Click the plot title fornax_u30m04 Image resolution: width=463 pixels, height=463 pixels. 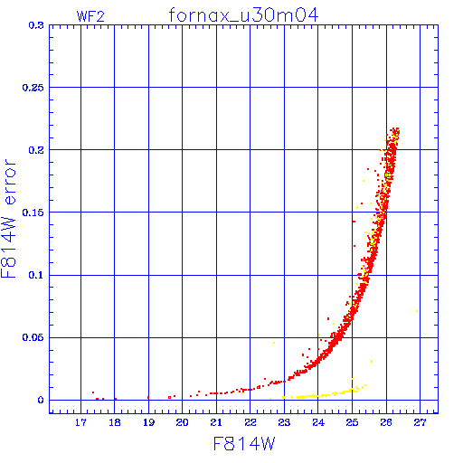pos(243,15)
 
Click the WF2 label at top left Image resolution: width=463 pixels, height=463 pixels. pos(90,16)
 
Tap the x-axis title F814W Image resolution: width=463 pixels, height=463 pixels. pos(244,443)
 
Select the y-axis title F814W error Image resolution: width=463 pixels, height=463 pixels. pos(8,219)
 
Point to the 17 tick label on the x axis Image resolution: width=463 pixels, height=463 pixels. pos(80,422)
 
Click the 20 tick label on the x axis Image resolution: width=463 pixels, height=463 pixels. pos(182,422)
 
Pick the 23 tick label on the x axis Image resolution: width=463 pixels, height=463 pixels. pos(284,422)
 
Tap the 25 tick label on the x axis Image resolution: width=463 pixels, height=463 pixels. pos(352,422)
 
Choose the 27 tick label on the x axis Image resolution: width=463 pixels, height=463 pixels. pos(420,422)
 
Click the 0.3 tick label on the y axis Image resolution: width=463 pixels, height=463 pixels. pos(36,25)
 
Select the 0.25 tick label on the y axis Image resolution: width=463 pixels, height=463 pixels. pos(33,88)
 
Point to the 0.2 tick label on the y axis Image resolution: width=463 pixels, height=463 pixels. pos(36,150)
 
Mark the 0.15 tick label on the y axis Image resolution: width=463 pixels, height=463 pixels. pos(33,213)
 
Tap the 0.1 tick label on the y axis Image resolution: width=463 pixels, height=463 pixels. pos(36,275)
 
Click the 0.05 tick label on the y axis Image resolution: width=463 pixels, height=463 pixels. pos(33,337)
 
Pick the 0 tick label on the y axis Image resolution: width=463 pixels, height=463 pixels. pos(41,400)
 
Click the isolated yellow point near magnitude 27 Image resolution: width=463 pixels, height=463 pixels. pos(417,311)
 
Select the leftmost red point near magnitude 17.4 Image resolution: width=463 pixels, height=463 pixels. pos(93,392)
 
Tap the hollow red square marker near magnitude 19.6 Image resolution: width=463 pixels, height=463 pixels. pos(169,398)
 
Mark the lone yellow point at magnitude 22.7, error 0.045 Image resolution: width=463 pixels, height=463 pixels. pos(274,343)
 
